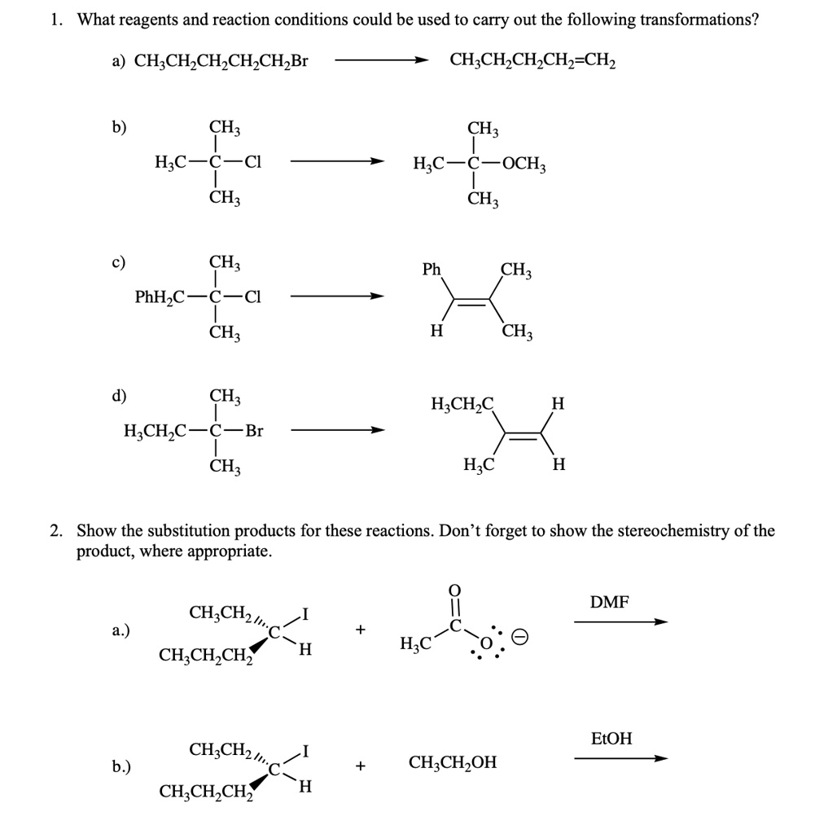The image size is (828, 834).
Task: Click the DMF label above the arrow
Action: [x=609, y=603]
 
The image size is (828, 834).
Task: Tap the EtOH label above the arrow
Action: [x=611, y=739]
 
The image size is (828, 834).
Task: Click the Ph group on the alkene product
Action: [x=432, y=270]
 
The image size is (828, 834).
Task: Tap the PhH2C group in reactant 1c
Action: [x=160, y=296]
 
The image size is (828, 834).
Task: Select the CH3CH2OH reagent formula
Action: [x=453, y=763]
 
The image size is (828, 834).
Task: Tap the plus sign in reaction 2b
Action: [x=359, y=766]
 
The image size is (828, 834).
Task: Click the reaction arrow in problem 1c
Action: [x=337, y=296]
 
